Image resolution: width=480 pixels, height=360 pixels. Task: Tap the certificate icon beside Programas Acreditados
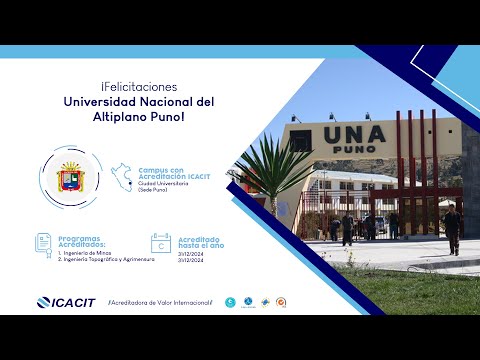point(43,243)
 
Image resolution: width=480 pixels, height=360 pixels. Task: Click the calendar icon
point(160,243)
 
